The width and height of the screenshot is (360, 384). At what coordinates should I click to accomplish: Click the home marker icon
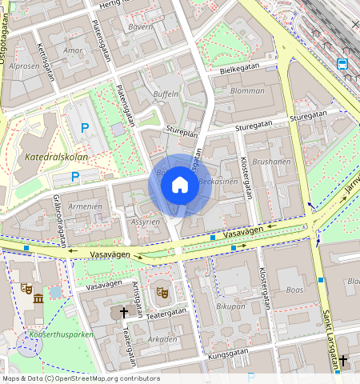pos(180,186)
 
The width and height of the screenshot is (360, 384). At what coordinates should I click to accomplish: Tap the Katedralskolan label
pos(56,157)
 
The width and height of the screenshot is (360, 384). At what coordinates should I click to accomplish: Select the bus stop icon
pos(342,64)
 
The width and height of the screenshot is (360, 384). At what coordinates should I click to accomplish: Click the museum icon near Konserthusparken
pos(38,299)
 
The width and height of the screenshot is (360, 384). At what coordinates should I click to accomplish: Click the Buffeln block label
pos(166,94)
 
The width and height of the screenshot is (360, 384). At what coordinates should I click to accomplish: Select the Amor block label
pos(73,50)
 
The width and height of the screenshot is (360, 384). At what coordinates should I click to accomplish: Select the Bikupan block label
pos(230,306)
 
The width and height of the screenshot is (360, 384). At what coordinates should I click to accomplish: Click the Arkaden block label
pos(163,338)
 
